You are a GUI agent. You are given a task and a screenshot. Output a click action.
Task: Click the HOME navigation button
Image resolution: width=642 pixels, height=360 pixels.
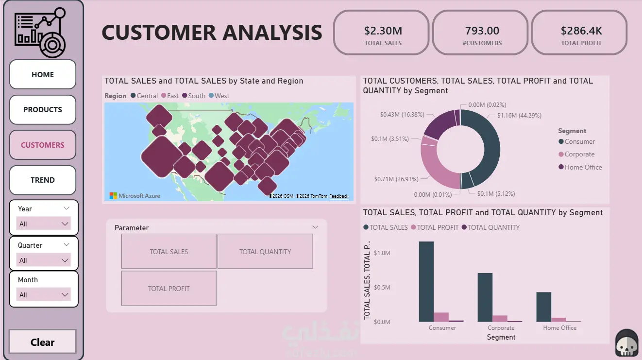tap(43, 74)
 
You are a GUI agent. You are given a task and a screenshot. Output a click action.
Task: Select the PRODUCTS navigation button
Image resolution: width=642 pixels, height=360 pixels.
tap(43, 110)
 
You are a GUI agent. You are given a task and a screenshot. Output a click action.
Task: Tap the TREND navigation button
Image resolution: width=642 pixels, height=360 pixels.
tap(43, 180)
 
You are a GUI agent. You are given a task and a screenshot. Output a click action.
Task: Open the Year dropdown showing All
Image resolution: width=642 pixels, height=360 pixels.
tap(44, 224)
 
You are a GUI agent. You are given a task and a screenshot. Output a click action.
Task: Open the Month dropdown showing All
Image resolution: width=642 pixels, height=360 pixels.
tap(44, 295)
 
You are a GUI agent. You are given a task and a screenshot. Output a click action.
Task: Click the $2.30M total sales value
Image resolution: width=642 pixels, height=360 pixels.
tap(383, 31)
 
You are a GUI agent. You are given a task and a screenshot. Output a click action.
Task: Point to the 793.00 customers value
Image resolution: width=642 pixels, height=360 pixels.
tap(482, 31)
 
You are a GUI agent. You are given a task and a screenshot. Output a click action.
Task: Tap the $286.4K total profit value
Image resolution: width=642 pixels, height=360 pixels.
tap(581, 31)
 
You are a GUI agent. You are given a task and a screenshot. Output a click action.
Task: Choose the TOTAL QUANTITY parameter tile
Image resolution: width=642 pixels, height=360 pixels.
tap(265, 252)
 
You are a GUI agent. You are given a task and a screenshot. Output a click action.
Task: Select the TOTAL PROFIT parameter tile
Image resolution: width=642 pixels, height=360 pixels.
tap(169, 289)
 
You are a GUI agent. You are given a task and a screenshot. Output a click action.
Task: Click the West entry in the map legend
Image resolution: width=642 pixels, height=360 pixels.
tap(221, 96)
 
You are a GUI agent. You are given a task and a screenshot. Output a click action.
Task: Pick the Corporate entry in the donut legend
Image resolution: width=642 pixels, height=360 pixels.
tap(579, 154)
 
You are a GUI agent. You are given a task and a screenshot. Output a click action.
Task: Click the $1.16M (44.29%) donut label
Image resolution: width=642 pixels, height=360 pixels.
tap(519, 116)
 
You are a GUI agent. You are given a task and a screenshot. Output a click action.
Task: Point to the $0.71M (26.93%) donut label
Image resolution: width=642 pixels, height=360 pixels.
tap(396, 179)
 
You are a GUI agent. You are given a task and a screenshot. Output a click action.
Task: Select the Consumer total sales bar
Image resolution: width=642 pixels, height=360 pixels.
tap(426, 281)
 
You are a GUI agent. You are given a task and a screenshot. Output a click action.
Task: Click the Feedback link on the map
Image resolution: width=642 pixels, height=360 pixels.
tap(338, 196)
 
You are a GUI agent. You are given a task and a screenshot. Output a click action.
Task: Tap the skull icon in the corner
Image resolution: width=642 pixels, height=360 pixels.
tap(626, 343)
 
